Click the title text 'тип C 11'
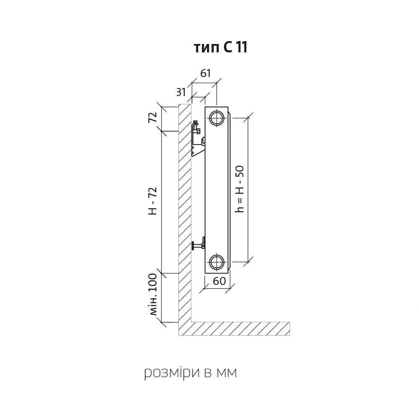click(220, 48)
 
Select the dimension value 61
click(205, 73)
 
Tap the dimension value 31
click(181, 92)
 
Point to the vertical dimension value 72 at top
click(153, 117)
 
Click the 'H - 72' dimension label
click(153, 201)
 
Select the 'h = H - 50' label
click(239, 189)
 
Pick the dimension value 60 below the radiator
click(220, 281)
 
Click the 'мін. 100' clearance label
click(153, 295)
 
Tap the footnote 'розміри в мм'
click(191, 372)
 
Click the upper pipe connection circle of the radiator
click(216, 118)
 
